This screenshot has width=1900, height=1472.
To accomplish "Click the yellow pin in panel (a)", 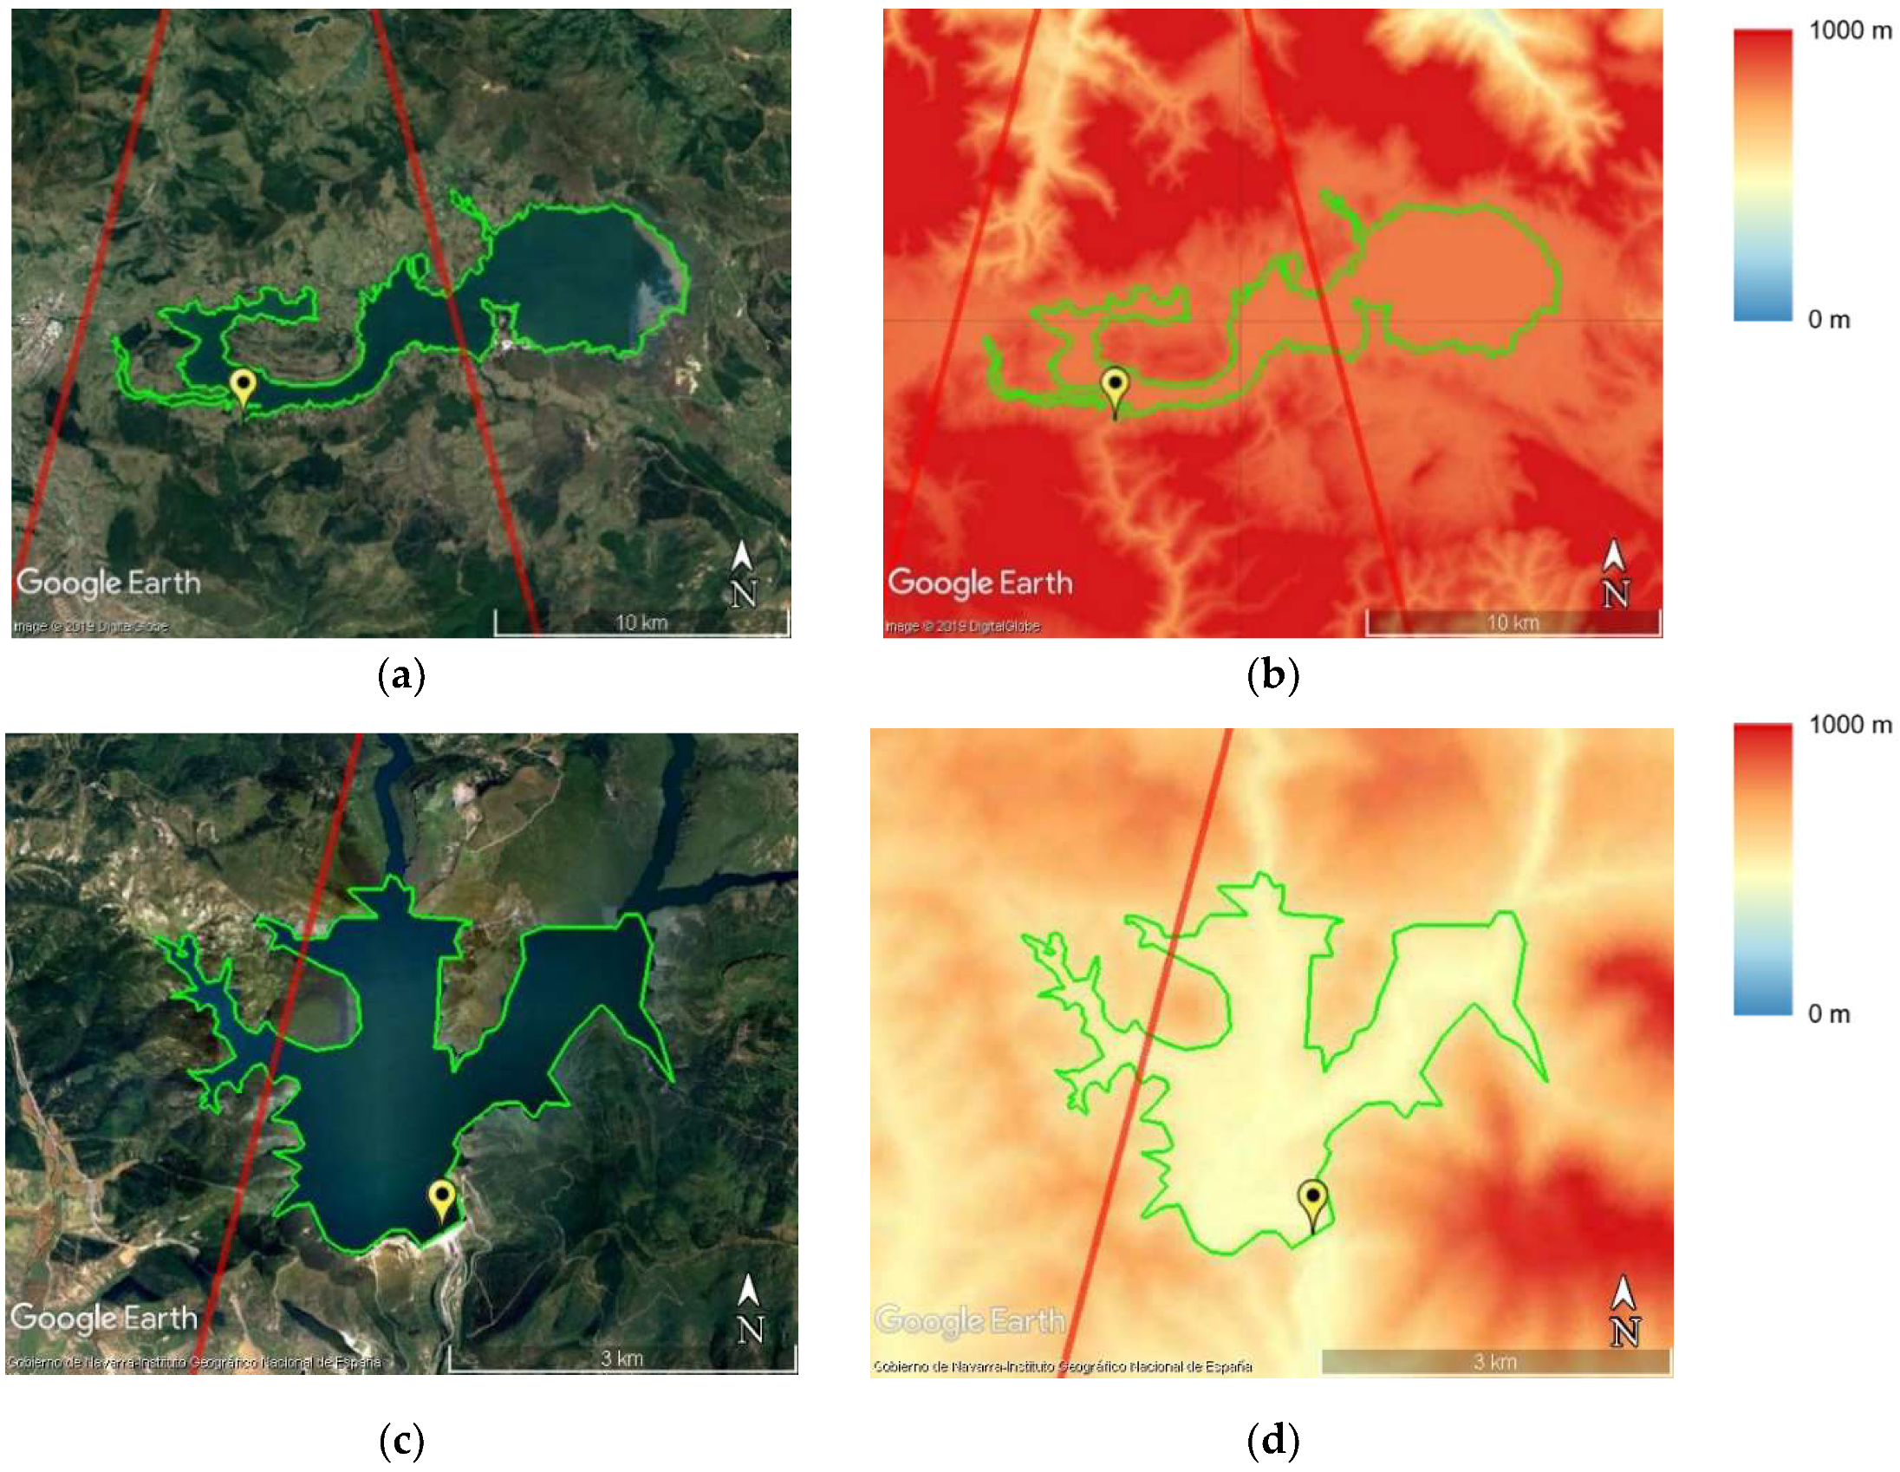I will pos(243,385).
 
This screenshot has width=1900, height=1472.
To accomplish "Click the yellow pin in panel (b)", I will pos(1115,385).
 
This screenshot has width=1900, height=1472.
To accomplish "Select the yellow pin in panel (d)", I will pos(1313,1200).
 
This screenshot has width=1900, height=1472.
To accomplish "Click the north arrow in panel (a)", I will pos(743,573).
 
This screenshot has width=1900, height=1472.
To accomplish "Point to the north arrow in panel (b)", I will pos(1615,573).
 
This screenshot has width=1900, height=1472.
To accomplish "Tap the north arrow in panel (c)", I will pos(749,1308).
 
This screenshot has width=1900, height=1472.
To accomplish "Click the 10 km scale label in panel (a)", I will pos(641,622).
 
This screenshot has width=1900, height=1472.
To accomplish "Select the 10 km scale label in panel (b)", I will pos(1513,622).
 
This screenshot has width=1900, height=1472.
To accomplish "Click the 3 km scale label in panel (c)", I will pos(622,1358).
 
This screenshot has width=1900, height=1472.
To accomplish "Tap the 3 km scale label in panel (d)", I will pos(1494,1362).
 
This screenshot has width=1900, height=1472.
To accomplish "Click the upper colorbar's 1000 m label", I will pos(1850,31).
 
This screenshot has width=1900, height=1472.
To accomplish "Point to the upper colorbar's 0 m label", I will pos(1829,320).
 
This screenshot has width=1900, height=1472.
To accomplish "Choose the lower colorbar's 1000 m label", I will pos(1850,725).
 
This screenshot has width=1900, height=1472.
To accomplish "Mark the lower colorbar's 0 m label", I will pos(1829,1013).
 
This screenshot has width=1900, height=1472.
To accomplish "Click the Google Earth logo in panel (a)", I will pos(108,583).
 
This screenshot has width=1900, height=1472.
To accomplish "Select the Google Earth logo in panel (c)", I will pos(103,1318).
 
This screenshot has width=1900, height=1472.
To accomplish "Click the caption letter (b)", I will pos(1272,676).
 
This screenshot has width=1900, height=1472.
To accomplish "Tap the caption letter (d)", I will pos(1272,1442).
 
